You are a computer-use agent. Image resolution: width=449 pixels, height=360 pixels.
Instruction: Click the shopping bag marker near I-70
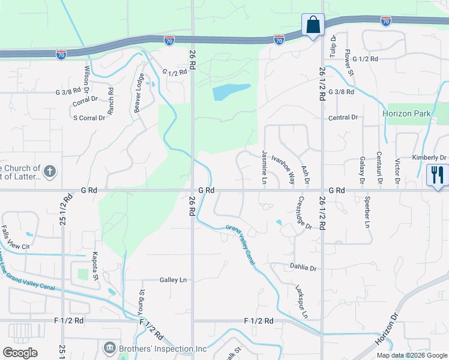pos(313,26)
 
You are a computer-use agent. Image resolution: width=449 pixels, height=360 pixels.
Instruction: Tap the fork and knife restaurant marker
pos(436,176)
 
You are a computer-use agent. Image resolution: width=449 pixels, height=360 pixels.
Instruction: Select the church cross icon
pos(50,173)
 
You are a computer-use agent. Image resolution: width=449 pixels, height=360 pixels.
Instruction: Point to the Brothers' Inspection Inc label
pos(161,348)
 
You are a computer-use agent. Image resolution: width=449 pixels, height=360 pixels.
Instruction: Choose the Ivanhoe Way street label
pos(283,169)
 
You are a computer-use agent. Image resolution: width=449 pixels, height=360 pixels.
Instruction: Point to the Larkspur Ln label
pos(300,301)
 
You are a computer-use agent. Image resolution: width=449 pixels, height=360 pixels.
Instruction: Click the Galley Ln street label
pos(173,280)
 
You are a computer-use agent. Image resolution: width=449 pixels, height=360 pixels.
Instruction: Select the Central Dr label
pos(343,118)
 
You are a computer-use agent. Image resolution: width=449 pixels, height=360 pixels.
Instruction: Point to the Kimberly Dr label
pos(429,158)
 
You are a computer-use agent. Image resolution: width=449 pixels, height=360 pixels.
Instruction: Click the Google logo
pos(20,352)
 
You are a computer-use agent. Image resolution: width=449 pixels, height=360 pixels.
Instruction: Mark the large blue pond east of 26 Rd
pos(230,92)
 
